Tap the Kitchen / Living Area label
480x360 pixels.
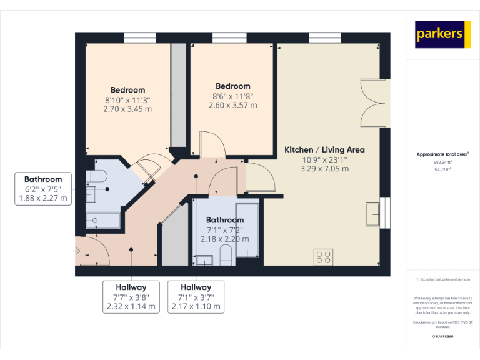click(324, 150)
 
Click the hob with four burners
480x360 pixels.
click(324, 257)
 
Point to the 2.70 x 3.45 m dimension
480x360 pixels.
click(127, 109)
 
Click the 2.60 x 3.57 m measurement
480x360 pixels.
click(232, 105)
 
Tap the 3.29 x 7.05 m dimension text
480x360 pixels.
click(324, 169)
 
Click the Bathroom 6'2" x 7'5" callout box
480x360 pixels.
click(43, 189)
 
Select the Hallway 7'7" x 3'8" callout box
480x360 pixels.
click(131, 297)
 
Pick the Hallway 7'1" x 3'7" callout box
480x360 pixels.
click(196, 297)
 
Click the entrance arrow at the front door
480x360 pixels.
click(77, 251)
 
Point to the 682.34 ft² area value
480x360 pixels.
click(442, 162)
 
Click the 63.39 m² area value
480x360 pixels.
click(442, 169)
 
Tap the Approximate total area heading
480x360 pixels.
click(442, 154)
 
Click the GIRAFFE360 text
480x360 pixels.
click(442, 337)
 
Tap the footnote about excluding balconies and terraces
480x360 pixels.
click(442, 279)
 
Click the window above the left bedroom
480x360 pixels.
click(139, 39)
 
